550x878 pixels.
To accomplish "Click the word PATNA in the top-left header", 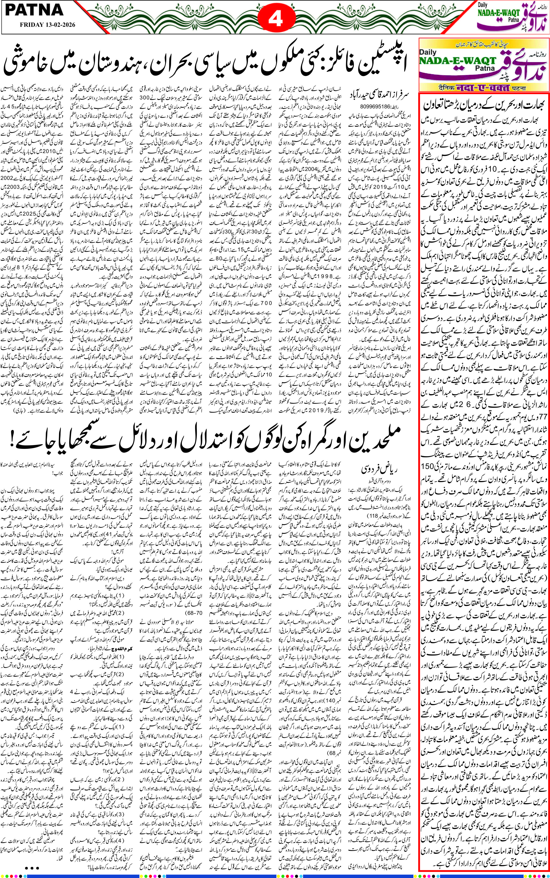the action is (35, 10).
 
